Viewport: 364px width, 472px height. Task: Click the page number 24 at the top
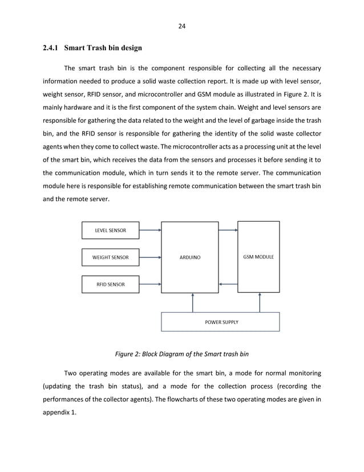point(182,26)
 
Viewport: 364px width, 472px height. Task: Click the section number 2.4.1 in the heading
point(51,47)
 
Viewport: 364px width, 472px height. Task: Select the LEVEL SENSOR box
point(111,231)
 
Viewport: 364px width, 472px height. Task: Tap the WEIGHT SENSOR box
point(111,257)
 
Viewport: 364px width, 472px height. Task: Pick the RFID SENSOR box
point(111,284)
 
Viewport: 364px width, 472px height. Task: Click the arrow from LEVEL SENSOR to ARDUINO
point(150,231)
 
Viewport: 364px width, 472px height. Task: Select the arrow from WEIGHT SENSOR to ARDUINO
point(150,257)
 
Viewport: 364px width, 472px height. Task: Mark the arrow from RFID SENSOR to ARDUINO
point(150,284)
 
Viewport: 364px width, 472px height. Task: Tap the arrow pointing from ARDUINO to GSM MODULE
point(228,231)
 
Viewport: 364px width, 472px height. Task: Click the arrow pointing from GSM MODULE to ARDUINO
point(228,284)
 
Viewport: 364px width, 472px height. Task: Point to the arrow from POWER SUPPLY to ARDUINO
point(193,303)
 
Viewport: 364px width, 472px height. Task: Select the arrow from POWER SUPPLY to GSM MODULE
point(260,303)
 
